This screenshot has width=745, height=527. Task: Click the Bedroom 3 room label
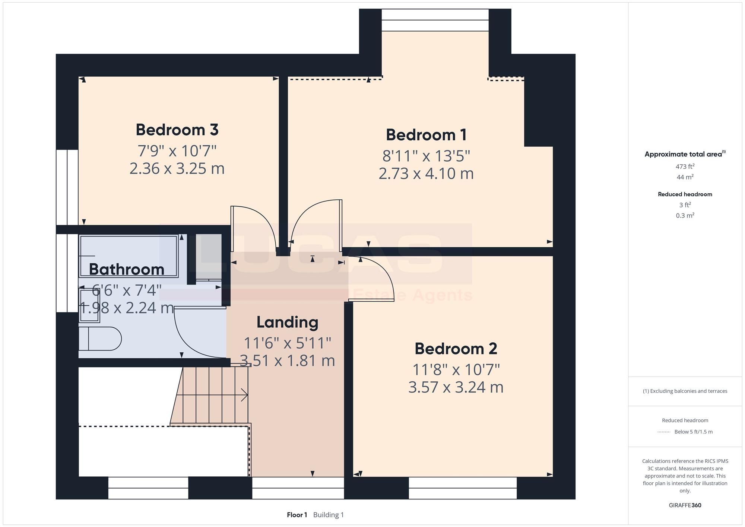(177, 130)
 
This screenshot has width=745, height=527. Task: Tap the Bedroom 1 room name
(426, 135)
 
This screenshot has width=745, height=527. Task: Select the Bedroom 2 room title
(456, 349)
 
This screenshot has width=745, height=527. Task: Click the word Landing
(287, 323)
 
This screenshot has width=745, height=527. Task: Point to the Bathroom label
(127, 269)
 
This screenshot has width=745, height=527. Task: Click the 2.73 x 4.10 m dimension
(426, 174)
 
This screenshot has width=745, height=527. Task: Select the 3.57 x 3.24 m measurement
(456, 387)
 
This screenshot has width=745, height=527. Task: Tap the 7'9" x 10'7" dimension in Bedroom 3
(177, 151)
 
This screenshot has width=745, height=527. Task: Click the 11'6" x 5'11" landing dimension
(287, 343)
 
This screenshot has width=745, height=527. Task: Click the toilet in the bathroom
(100, 339)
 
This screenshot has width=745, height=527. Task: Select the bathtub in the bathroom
(129, 256)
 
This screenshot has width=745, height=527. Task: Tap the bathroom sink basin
(90, 306)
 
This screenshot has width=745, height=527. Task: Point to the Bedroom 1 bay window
(435, 20)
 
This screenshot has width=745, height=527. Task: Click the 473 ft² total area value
(685, 166)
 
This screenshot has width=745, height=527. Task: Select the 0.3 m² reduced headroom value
(685, 215)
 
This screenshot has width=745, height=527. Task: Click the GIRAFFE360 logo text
(685, 505)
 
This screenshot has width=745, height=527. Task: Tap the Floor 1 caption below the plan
(297, 515)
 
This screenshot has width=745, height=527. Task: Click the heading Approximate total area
(685, 154)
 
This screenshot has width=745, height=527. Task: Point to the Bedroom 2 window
(463, 488)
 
